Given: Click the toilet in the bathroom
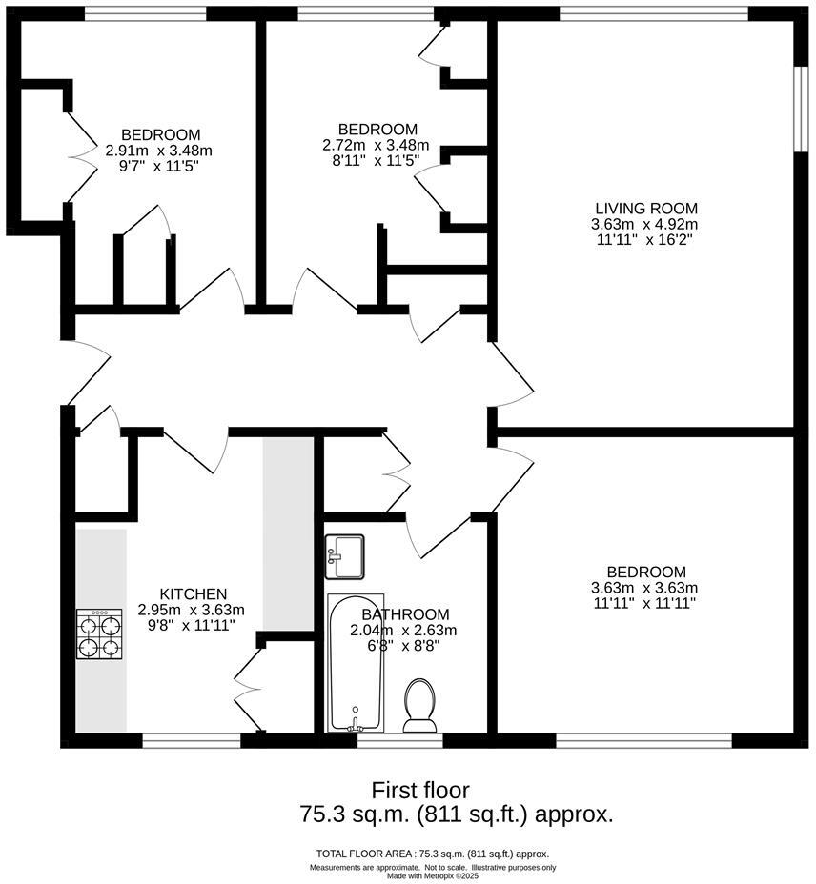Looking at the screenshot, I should [x=419, y=705].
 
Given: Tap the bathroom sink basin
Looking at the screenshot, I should [x=344, y=556].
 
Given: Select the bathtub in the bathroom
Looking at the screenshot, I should [x=355, y=663].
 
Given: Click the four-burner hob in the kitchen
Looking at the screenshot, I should [x=100, y=634].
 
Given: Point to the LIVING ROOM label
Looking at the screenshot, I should [x=646, y=209].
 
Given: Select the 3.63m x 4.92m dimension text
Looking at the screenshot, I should [x=646, y=225].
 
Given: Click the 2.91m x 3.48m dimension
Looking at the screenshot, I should [x=158, y=151].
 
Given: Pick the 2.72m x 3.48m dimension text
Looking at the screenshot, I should [x=377, y=145].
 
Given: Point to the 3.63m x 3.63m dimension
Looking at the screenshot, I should [x=644, y=587].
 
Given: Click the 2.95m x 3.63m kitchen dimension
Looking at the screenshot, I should [x=192, y=610].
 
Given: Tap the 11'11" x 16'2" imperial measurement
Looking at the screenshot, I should [x=646, y=240].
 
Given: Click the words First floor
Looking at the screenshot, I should [x=420, y=790].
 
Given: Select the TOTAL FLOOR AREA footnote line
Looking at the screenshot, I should [x=432, y=854].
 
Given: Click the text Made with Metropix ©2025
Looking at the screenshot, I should [x=433, y=876].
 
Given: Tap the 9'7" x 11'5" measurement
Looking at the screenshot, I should [x=158, y=166].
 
